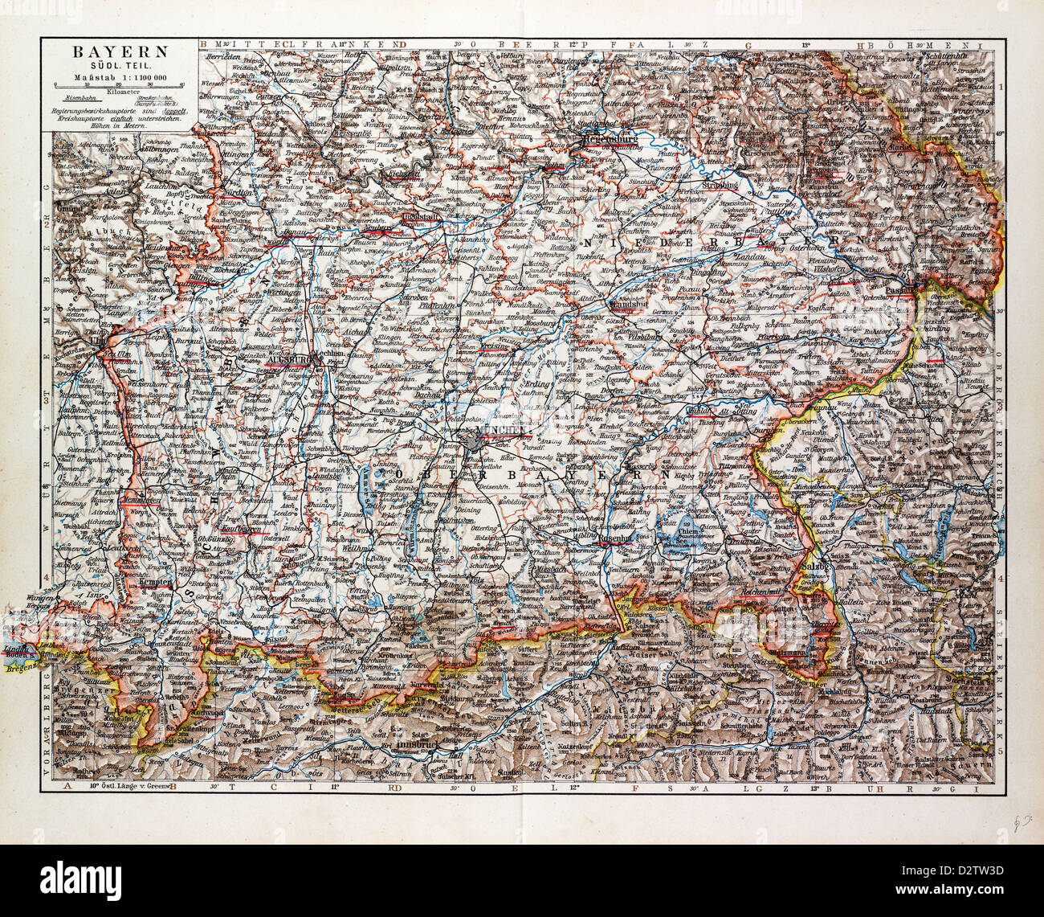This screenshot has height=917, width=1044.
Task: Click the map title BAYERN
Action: click(x=121, y=51)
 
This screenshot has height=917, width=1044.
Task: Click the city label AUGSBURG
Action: click(x=286, y=359)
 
